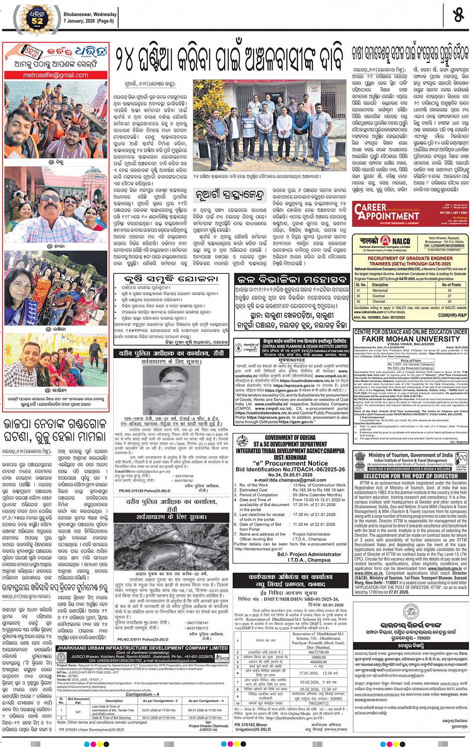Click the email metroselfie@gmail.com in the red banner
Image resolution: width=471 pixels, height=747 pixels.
point(55,75)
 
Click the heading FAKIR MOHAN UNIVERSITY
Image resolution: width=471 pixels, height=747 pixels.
point(411,339)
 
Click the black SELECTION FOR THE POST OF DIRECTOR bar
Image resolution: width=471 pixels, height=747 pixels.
point(410,476)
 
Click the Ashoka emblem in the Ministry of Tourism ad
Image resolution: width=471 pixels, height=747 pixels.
point(360,459)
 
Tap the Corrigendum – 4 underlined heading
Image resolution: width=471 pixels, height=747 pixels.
point(142,694)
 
